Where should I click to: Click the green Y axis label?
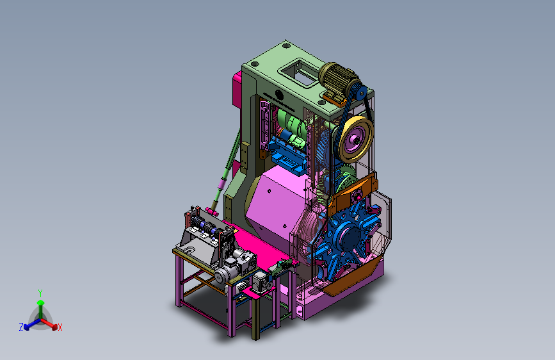[x=40, y=293]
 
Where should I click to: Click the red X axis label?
[x=60, y=327]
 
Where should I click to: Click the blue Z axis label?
[x=21, y=327]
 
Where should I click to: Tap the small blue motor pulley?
[x=361, y=93]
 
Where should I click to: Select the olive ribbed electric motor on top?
[x=336, y=78]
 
